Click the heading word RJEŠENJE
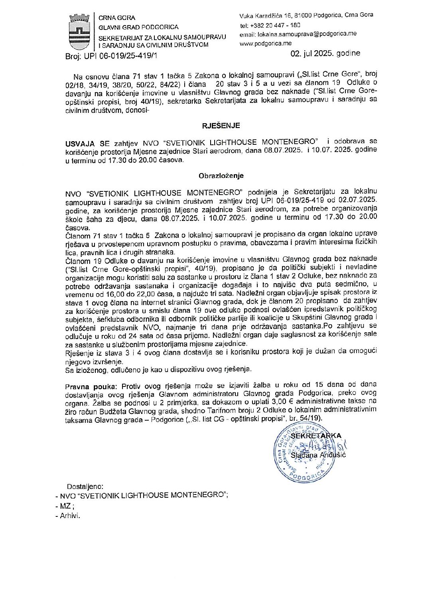click(x=221, y=125)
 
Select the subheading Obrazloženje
click(x=221, y=175)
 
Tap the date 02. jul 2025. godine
click(x=325, y=53)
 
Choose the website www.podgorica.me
click(x=265, y=43)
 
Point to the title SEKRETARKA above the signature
click(x=316, y=435)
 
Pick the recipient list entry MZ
click(x=66, y=505)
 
